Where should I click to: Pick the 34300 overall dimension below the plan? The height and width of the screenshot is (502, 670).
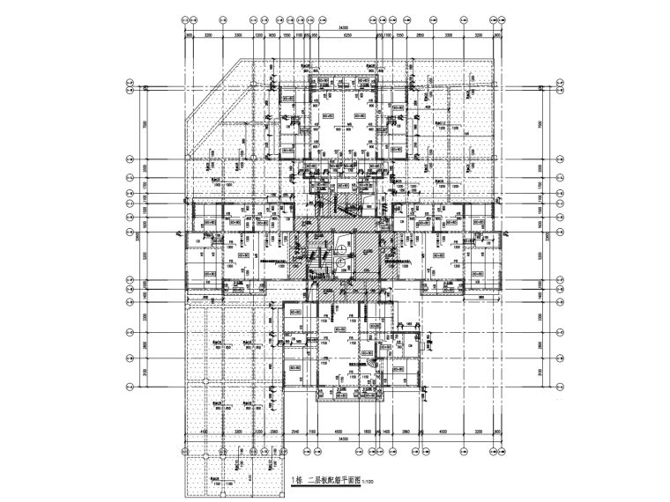click(x=342, y=439)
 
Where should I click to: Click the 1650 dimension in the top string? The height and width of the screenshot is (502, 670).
click(x=272, y=36)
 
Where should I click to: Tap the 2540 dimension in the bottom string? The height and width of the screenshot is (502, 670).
click(x=296, y=432)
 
